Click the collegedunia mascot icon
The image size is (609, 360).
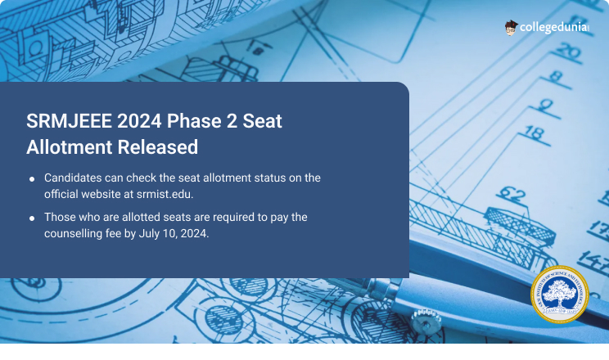tap(512, 28)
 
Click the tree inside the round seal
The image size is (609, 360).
tap(560, 292)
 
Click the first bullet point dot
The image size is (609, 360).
tap(32, 179)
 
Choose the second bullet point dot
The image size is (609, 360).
tap(32, 219)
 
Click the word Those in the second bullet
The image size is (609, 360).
tap(60, 218)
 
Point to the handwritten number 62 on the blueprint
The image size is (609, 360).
tap(512, 196)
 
